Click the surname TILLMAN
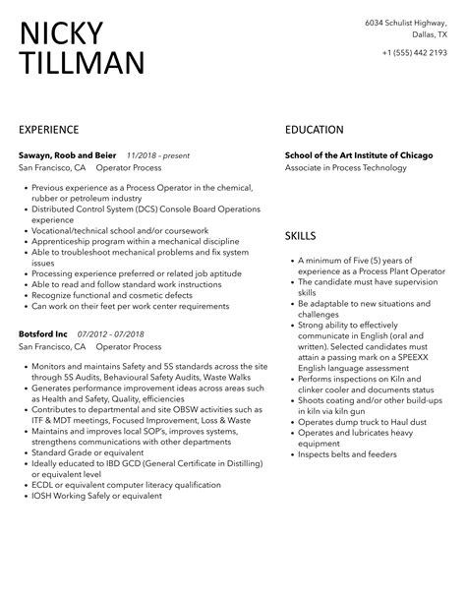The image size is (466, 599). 81,64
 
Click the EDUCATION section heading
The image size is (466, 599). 314,129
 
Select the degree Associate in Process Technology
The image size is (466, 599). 345,168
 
